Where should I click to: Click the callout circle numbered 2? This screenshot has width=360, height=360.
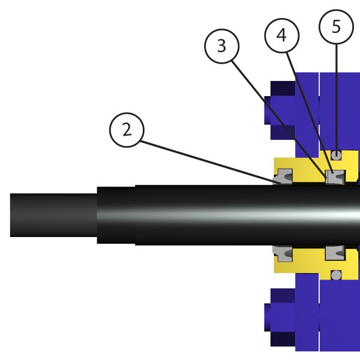pos(126,130)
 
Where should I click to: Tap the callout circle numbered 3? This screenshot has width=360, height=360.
pos(221,46)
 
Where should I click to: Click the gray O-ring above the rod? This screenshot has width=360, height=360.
pos(337,155)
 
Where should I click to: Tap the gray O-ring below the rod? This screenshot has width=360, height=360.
pos(337,275)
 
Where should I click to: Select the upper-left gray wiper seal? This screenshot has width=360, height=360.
pos(283,178)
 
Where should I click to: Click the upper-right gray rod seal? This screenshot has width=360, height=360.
pos(334,178)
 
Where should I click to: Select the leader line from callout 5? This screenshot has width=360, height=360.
pos(336,96)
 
